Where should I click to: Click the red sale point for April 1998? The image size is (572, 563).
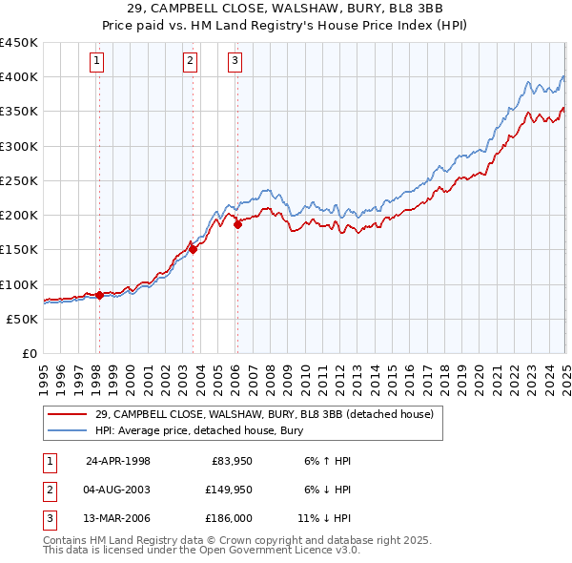point(99,296)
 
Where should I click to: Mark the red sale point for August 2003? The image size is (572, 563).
point(193,250)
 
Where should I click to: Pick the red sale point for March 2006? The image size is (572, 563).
point(237,225)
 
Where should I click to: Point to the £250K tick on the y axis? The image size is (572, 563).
point(19,180)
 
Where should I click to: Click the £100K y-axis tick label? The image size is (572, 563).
point(19,284)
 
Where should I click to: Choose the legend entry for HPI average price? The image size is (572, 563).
point(198,430)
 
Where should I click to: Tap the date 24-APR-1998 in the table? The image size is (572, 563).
point(118,460)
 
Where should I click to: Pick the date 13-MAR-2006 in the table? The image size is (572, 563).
point(118,519)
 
